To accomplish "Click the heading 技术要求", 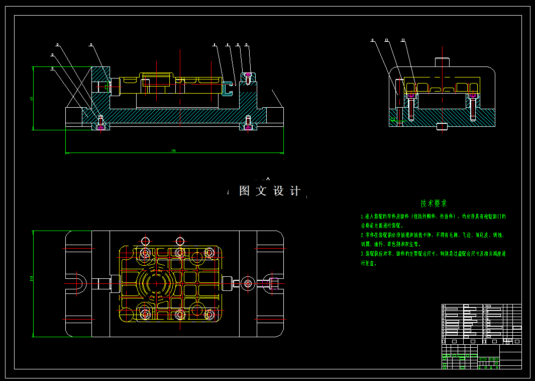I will tap(434, 203).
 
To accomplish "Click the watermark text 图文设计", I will tap(270, 191).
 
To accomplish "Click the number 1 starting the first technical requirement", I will tap(362, 216).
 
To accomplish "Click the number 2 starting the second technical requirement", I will tap(362, 235).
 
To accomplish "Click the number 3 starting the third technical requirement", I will tap(362, 254).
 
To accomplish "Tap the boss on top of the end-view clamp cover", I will tap(442, 62).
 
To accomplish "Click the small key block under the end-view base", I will tap(442, 126).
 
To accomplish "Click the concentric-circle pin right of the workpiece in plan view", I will tap(247, 283).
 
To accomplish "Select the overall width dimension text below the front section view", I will tap(173, 150).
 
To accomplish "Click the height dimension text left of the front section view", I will tap(31, 98).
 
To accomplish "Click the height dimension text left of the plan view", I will tap(31, 278).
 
